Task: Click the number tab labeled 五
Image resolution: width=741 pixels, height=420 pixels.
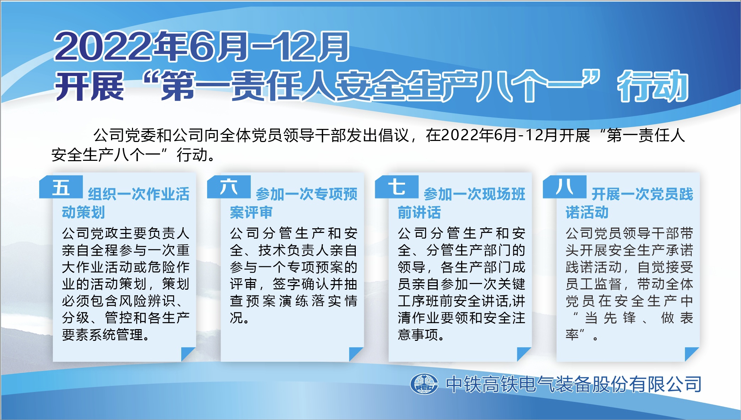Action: [61, 187]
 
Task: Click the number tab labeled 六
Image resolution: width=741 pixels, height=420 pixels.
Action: [229, 187]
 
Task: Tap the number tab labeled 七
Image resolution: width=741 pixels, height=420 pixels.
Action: [397, 187]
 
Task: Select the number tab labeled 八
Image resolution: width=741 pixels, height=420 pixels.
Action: [564, 187]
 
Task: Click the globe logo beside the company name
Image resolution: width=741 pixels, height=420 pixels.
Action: [424, 384]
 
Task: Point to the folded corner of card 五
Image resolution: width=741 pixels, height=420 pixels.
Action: [188, 354]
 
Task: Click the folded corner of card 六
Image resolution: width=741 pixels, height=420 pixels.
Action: [356, 354]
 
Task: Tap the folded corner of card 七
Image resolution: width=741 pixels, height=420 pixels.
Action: [524, 354]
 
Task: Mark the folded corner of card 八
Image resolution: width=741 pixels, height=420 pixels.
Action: [692, 354]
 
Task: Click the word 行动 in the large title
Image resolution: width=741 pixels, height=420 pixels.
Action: [653, 86]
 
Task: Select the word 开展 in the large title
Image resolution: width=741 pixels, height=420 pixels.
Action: [89, 86]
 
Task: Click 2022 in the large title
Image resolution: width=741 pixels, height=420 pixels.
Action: [103, 47]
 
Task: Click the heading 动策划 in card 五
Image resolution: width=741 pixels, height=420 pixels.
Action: [83, 212]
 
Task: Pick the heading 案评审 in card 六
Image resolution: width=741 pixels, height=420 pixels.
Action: [251, 212]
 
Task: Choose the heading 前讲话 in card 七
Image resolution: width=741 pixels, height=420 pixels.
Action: [419, 212]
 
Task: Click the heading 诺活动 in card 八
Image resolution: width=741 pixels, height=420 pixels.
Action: [587, 212]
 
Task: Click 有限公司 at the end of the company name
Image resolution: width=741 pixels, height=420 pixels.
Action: [665, 384]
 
